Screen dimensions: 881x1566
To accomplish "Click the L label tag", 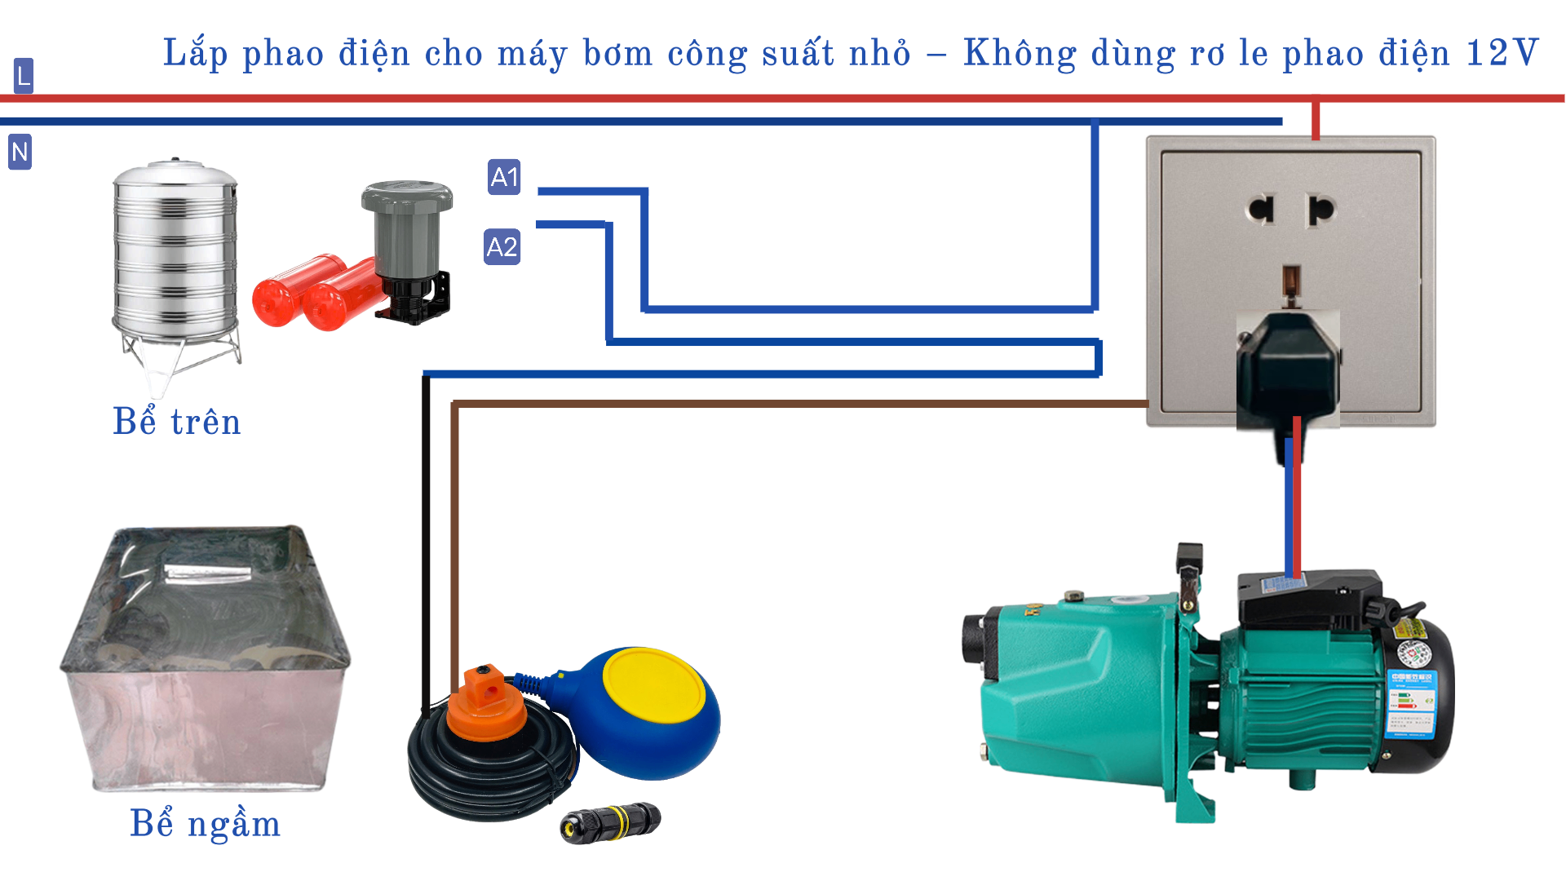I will pos(24,76).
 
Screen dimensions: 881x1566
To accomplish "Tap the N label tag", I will pos(20,152).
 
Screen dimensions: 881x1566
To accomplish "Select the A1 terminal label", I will pos(504,177).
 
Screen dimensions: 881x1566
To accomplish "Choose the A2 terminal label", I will pos(502,246).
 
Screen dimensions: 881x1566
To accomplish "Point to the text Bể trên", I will pos(177,422).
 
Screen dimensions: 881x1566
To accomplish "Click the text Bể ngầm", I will pos(205,823).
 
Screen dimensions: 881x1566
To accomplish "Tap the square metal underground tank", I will pos(206,661).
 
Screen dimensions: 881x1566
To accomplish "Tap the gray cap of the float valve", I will pos(407,198).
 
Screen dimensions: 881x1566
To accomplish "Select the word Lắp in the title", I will pos(195,53).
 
